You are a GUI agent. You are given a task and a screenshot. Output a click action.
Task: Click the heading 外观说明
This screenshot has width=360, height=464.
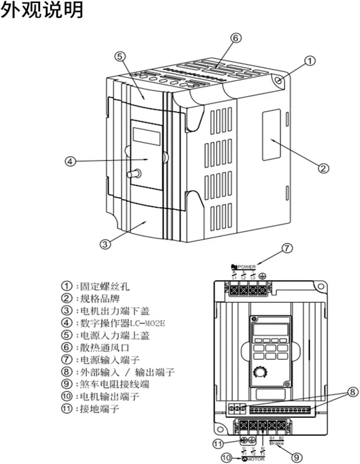coord(42,10)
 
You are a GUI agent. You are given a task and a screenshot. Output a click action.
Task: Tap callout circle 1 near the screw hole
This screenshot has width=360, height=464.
coord(310,61)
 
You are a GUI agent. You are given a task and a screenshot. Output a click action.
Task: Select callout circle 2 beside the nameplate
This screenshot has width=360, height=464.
coord(324,168)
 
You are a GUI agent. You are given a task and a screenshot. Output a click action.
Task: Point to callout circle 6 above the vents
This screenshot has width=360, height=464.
coord(236,38)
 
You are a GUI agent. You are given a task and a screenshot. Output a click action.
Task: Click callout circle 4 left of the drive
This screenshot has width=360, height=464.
coord(70,161)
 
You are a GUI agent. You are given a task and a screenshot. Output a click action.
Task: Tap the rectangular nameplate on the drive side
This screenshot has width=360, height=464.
coord(271,135)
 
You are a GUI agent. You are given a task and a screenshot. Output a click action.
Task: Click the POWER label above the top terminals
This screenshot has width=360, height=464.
coord(247,267)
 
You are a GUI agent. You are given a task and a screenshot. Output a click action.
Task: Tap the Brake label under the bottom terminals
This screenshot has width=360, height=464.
coord(277,443)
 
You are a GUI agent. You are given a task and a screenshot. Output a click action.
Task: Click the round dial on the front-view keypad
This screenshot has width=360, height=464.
coord(259,372)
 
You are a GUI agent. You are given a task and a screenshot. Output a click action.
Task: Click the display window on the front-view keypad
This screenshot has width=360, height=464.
coord(270,330)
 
